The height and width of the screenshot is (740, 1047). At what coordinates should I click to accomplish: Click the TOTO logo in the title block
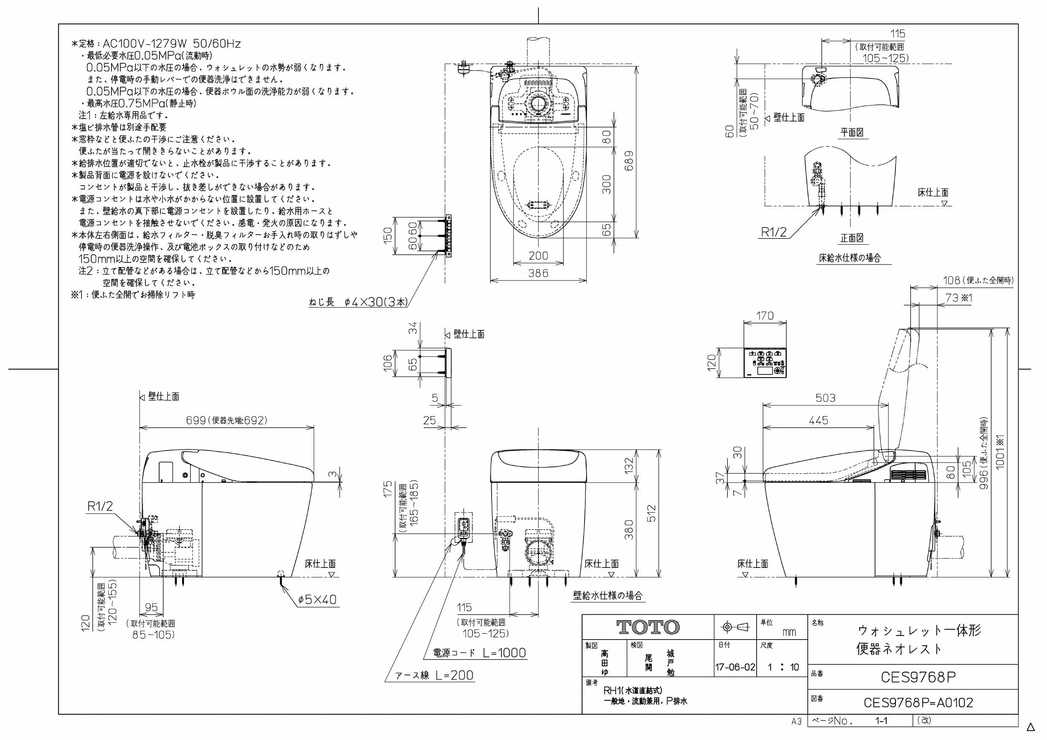click(x=648, y=627)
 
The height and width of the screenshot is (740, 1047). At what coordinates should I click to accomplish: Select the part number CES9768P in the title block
click(x=918, y=677)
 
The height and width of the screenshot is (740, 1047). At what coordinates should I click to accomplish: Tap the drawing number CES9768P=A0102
click(x=918, y=702)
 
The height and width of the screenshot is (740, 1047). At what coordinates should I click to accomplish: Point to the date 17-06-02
click(x=735, y=667)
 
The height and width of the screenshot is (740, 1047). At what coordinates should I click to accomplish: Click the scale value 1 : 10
click(x=783, y=667)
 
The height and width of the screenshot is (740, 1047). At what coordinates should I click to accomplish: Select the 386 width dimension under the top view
click(x=538, y=273)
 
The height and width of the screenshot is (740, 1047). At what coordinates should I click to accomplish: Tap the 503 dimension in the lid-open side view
click(x=825, y=398)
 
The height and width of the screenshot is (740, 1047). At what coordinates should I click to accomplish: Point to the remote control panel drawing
click(x=765, y=363)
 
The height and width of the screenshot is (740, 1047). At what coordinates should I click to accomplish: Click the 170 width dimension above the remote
click(x=765, y=316)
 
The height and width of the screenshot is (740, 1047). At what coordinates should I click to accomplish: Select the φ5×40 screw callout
click(x=317, y=599)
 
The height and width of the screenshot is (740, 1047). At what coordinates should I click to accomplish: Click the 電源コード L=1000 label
click(x=479, y=653)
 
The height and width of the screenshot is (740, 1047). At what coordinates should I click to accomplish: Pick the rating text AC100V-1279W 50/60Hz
click(x=172, y=44)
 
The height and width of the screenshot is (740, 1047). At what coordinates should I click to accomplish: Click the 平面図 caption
click(x=852, y=132)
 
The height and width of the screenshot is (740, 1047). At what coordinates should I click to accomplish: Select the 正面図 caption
click(x=852, y=238)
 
